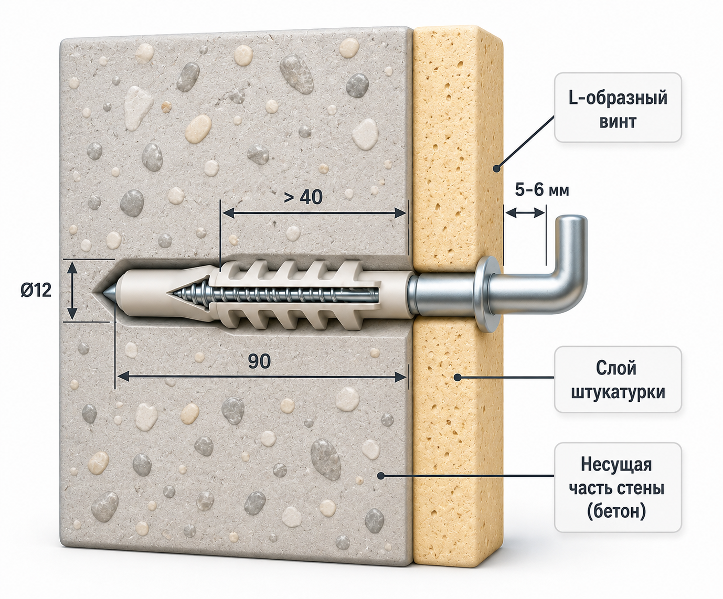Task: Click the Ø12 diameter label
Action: point(36,290)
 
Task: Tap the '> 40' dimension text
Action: point(303,197)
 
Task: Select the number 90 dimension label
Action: point(259,361)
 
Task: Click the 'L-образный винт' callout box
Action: point(618,108)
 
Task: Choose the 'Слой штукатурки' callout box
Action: point(618,379)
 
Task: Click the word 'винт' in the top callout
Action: point(618,122)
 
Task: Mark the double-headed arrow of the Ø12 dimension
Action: point(72,291)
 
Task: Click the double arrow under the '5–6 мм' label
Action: point(525,213)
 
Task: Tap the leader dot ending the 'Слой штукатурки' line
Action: point(458,377)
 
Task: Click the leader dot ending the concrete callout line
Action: point(381,476)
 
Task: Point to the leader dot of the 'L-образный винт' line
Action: point(496,169)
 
